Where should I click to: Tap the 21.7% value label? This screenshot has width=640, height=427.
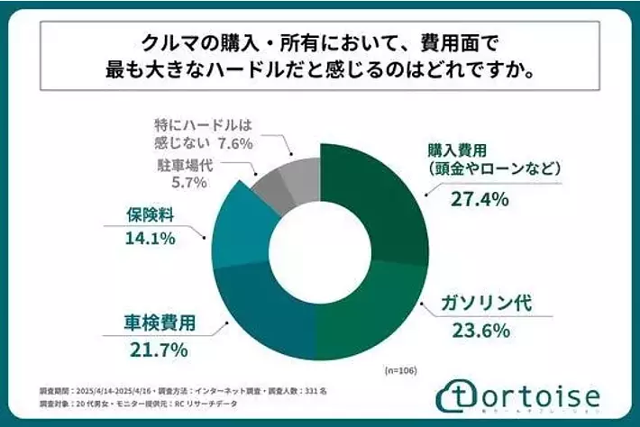[x=163, y=347]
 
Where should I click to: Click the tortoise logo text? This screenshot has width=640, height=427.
[x=531, y=395]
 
